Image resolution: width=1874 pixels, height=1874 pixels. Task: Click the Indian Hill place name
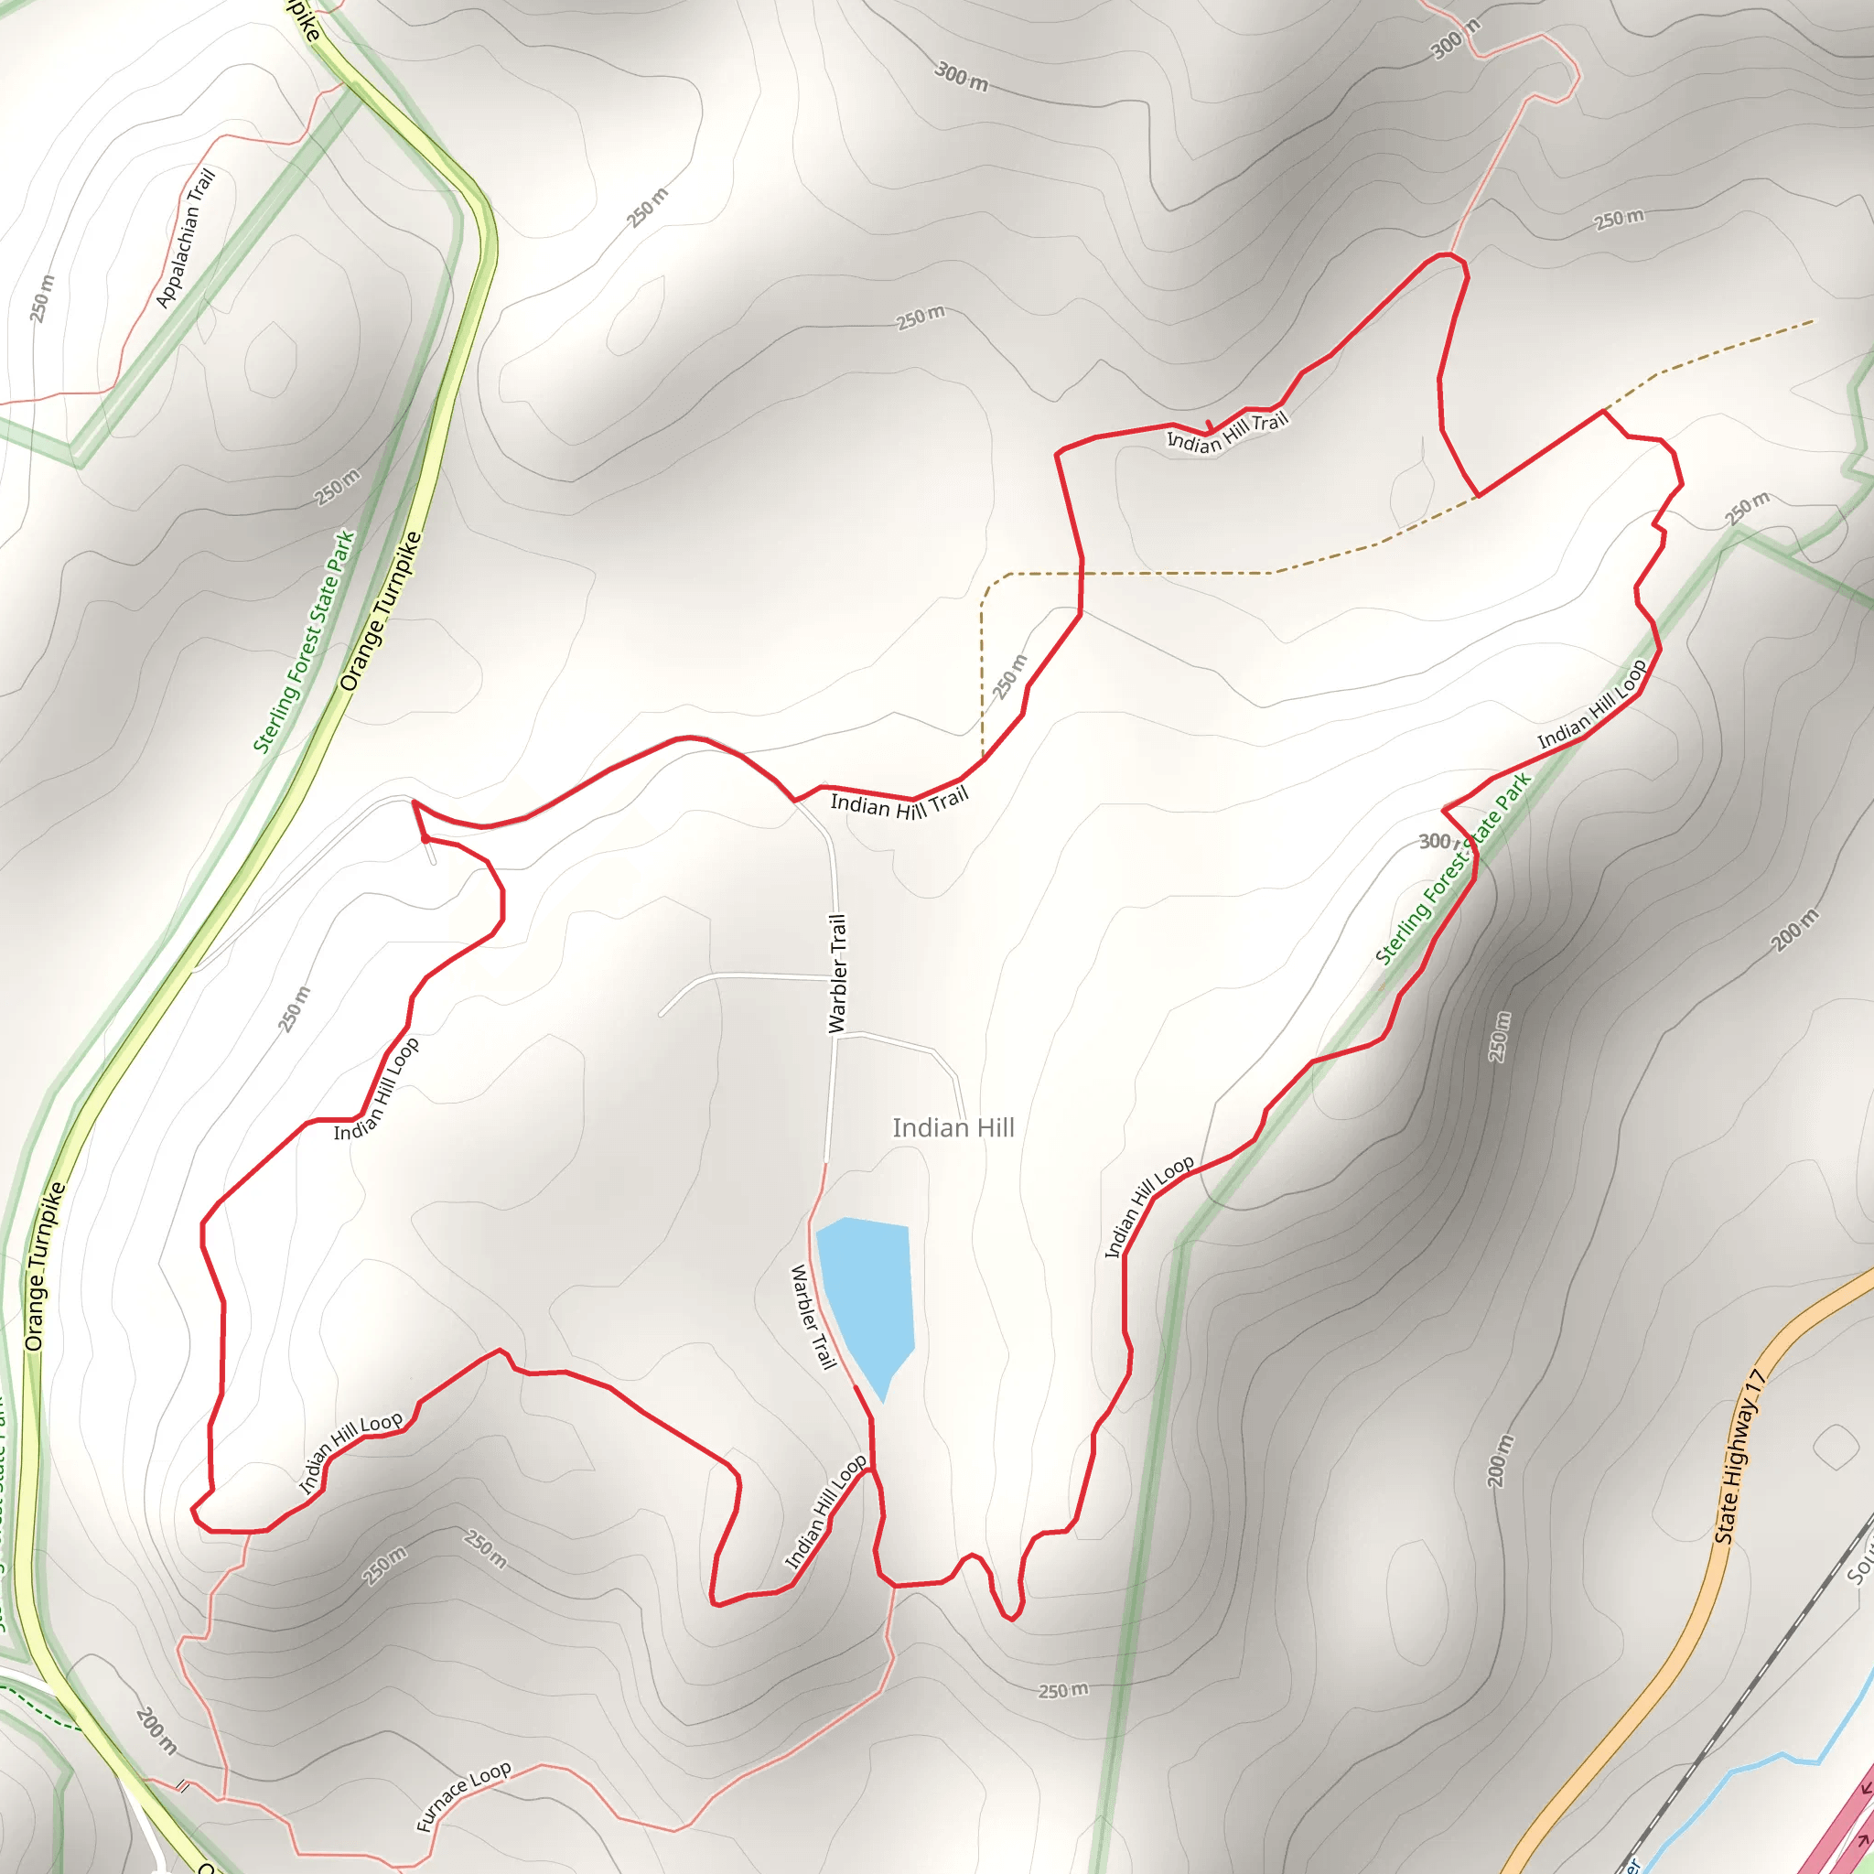click(953, 1128)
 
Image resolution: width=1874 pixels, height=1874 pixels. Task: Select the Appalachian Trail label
click(185, 239)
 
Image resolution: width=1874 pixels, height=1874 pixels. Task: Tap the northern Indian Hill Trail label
click(1227, 433)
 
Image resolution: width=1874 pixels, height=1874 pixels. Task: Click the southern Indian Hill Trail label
click(899, 803)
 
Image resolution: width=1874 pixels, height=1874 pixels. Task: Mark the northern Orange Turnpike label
click(382, 611)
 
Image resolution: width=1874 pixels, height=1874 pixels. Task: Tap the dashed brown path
click(1164, 573)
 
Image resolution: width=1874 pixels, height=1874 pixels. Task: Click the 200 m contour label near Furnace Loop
click(157, 1730)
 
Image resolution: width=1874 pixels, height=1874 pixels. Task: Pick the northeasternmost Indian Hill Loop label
click(1592, 705)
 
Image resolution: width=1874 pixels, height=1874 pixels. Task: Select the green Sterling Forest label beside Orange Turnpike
click(305, 641)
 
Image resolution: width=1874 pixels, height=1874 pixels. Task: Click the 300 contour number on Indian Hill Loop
click(1435, 841)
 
